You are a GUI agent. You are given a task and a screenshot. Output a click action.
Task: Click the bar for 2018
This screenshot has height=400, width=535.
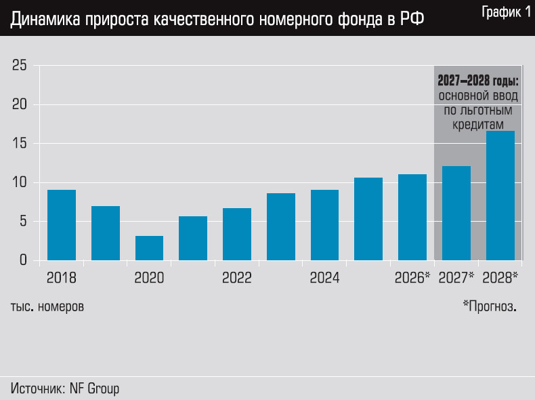(62, 225)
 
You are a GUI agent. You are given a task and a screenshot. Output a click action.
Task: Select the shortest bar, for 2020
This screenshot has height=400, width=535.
(149, 248)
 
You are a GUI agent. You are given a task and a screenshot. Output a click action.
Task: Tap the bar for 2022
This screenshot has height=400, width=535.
(237, 234)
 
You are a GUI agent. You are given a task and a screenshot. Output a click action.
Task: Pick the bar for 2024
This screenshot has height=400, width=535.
(324, 225)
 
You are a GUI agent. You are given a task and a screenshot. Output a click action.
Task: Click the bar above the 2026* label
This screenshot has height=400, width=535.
(412, 217)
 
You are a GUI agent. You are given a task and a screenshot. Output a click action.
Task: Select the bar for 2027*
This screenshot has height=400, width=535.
(456, 213)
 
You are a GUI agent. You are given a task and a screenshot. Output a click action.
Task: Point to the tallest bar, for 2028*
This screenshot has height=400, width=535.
(500, 195)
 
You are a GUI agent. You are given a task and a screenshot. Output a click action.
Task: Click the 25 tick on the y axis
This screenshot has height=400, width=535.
(19, 66)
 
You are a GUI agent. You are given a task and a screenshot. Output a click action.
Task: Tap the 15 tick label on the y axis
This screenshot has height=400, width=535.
(19, 144)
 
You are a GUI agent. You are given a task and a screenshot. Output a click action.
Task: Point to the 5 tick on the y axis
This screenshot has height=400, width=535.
(22, 222)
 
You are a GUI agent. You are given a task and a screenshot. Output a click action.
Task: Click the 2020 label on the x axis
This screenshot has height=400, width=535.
(149, 278)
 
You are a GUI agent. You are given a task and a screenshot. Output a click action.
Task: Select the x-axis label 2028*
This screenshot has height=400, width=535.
(500, 278)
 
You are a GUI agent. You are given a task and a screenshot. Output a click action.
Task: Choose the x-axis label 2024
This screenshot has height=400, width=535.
(324, 278)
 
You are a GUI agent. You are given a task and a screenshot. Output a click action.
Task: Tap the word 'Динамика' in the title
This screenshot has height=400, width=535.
(45, 20)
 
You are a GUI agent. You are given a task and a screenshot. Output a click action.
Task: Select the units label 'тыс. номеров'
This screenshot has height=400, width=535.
(47, 306)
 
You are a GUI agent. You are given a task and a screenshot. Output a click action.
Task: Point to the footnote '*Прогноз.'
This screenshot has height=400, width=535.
(489, 306)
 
